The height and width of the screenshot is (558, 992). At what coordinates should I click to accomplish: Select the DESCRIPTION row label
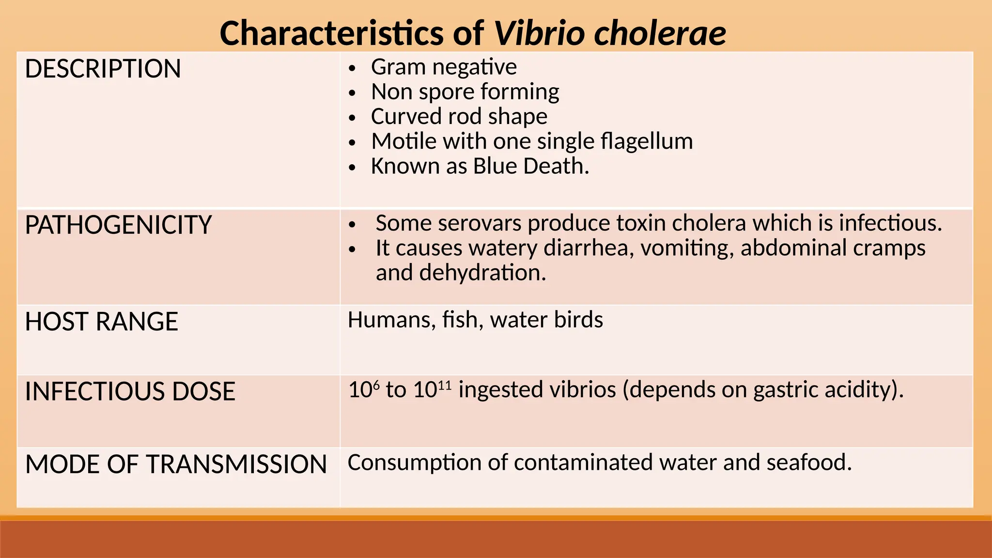103,69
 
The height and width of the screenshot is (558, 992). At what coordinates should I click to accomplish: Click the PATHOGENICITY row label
118,225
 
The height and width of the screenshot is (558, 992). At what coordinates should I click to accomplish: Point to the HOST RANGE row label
101,322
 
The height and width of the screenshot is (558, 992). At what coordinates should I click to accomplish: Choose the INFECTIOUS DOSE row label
130,391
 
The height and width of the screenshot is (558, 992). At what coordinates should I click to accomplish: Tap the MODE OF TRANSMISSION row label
176,464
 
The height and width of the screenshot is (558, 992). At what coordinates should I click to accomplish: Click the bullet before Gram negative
352,68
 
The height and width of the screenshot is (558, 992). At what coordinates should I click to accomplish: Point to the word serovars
480,223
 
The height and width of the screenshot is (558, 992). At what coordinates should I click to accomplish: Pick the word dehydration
482,273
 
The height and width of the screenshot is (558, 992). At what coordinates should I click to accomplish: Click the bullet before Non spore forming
352,93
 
